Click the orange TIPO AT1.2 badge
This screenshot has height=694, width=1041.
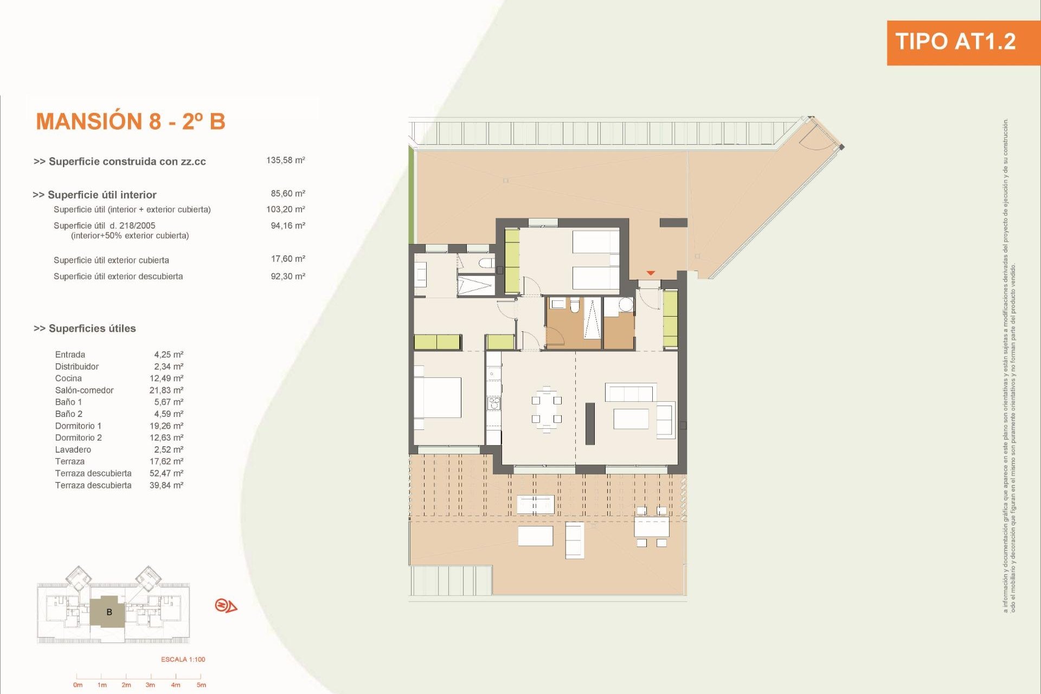pos(955,42)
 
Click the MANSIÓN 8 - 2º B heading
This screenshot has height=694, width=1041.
pos(130,121)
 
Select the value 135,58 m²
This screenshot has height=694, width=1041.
pos(285,160)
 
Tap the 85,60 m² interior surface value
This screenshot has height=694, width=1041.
pos(288,194)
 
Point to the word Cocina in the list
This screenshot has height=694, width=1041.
pos(68,378)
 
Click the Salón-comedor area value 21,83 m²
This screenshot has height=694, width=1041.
pos(166,390)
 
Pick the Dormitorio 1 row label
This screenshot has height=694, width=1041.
pos(78,426)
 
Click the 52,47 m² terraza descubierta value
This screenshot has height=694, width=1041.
pos(166,473)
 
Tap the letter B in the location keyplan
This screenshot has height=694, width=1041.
pos(109,612)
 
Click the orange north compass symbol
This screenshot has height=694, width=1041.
pos(226,606)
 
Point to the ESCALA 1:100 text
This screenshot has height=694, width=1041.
pos(183,660)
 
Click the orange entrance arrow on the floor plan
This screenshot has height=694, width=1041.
pos(651,273)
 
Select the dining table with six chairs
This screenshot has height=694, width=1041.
pos(547,409)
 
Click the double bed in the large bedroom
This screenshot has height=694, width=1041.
pos(438,397)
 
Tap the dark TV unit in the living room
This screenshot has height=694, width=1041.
pos(590,424)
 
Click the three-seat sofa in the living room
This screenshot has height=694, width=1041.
pos(630,392)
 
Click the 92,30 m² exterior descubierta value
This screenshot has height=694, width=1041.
pos(288,277)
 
